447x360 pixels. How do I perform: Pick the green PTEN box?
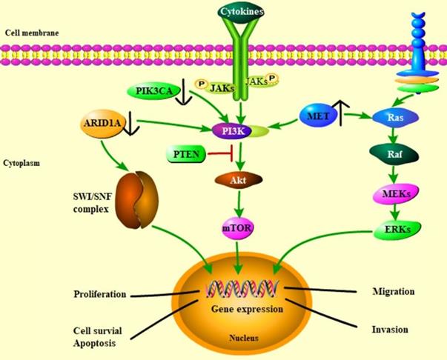tap(183, 155)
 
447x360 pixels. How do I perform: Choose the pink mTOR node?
tap(238, 228)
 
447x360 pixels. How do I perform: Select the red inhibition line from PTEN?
tap(216, 156)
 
